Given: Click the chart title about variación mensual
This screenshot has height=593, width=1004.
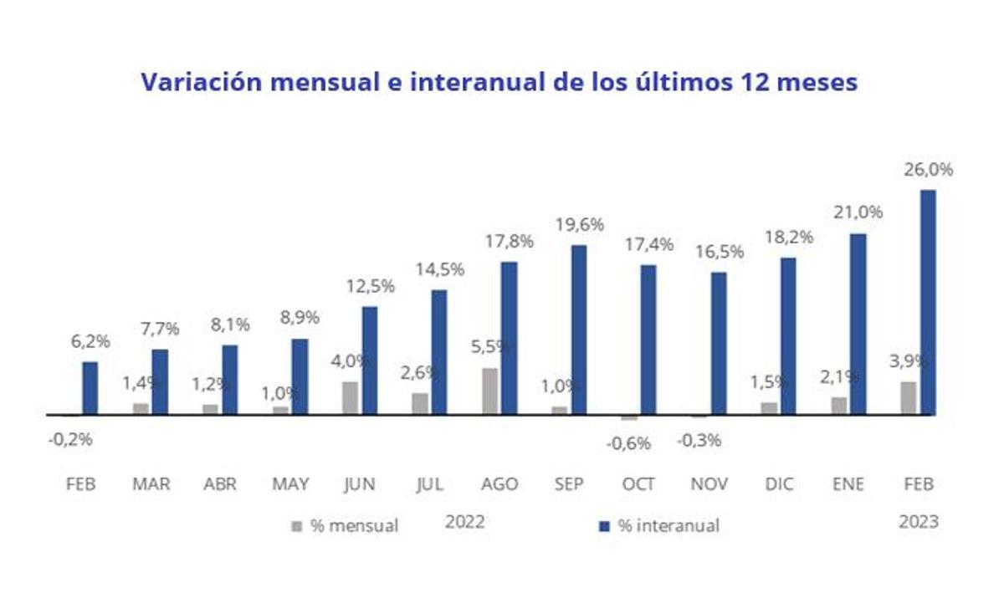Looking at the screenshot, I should (499, 82).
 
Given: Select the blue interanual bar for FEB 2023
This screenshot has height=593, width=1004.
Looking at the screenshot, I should (927, 302).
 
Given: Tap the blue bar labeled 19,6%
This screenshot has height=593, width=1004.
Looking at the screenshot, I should (578, 330).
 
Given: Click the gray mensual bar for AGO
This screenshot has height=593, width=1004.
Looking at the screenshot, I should (489, 391).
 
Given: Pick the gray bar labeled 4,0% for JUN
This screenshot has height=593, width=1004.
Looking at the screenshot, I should (350, 397).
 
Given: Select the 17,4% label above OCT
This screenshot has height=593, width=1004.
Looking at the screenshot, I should (648, 245).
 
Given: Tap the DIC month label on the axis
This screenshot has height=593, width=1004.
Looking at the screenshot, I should (779, 484).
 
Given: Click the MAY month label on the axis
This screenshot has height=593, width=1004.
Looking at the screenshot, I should (290, 484).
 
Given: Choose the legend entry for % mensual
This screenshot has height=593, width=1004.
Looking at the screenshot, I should (344, 526).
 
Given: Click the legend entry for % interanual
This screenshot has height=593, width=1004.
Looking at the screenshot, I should (658, 526).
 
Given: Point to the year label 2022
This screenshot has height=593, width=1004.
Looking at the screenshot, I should (465, 522).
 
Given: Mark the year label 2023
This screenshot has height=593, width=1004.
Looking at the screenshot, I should (919, 522).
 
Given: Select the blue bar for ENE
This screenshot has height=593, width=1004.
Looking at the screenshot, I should (858, 324).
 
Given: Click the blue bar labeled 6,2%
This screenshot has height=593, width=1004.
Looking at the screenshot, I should (90, 388).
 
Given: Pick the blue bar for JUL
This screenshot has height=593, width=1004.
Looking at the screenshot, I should (439, 352).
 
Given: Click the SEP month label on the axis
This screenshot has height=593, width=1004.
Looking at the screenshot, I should (569, 484).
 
